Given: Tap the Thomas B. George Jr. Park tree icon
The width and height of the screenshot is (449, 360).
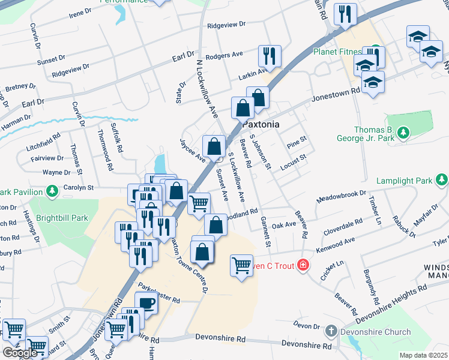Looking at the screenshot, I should click(404, 131).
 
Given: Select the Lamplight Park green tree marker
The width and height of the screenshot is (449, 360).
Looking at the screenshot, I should click(442, 179).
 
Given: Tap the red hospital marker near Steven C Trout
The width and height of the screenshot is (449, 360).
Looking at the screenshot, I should click(304, 265).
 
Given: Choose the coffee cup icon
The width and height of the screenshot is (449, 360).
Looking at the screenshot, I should click(146, 303).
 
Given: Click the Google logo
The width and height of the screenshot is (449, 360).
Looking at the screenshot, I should click(20, 352).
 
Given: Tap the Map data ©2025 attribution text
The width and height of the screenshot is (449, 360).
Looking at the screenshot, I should click(423, 355).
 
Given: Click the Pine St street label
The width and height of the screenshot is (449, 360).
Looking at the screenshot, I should click(297, 142).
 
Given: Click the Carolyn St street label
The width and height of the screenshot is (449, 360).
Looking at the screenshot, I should click(77, 187).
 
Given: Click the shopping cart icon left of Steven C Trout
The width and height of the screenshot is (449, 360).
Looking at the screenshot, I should click(241, 265).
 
